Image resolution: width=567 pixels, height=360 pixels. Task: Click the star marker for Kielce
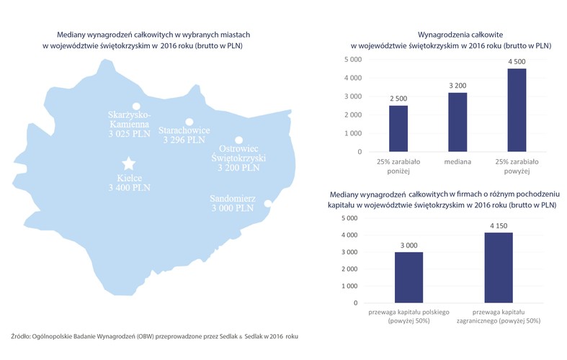[x=128, y=163]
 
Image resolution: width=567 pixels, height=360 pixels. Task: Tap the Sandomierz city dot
[x=267, y=204]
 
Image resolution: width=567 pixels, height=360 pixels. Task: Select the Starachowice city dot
[x=189, y=122]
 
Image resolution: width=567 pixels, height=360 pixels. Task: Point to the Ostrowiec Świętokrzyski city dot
[x=238, y=140]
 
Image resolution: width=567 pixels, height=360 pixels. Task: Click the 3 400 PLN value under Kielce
[x=128, y=188]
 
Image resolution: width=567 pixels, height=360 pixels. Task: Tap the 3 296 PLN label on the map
[x=184, y=141]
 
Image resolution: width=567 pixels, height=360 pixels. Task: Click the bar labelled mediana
[x=457, y=122]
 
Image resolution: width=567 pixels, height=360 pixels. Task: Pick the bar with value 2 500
[x=398, y=129]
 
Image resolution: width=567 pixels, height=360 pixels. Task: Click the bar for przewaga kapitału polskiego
[x=408, y=277]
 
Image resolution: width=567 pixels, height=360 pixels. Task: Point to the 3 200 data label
[x=457, y=85]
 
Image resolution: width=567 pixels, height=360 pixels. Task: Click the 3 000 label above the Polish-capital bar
[x=408, y=245]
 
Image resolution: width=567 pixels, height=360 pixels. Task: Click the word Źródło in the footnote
[x=22, y=336]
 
